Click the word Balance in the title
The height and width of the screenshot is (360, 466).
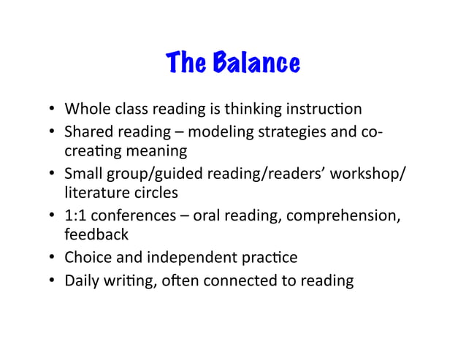[256, 65]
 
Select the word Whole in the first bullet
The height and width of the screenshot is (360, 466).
[85, 110]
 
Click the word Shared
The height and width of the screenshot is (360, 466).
[88, 133]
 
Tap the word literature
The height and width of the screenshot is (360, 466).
[91, 193]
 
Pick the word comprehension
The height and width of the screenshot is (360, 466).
[356, 215]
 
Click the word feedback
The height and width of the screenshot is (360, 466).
[96, 234]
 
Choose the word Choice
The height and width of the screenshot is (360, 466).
[88, 257]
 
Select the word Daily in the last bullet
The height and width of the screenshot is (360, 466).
[82, 280]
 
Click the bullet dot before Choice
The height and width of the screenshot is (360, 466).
[53, 257]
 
